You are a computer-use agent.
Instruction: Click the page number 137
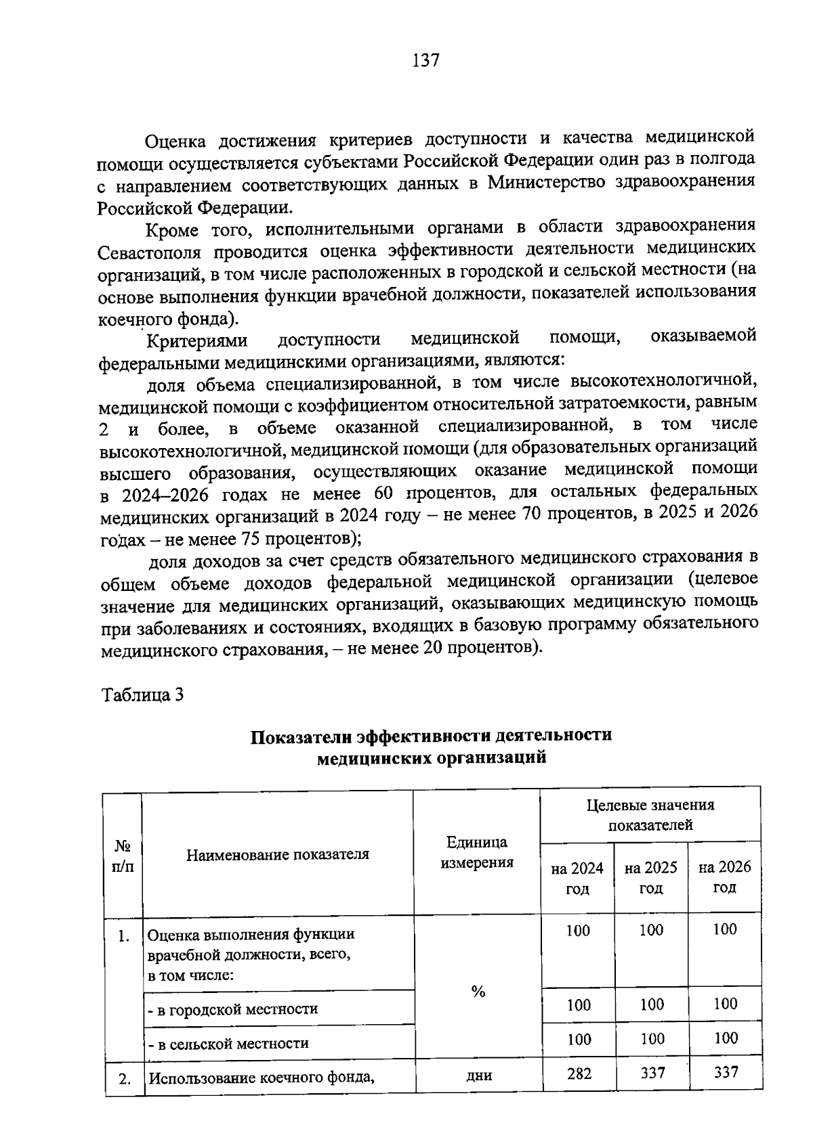coord(426,61)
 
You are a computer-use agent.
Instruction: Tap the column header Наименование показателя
coord(278,854)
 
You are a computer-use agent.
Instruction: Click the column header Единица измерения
coord(477,853)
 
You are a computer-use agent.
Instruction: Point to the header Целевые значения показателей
coord(650,815)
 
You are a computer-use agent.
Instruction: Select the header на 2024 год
coord(577,879)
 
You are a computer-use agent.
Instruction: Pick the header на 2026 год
coord(724,877)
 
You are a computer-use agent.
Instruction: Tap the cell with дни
coord(478,1075)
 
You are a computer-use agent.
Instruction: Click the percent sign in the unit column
coord(478,992)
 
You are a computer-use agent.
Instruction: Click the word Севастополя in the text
coord(149,253)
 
